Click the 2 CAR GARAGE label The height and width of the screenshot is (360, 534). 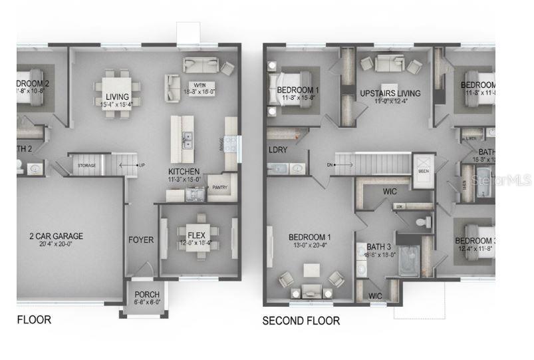(55, 236)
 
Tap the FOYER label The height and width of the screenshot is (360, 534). (141, 240)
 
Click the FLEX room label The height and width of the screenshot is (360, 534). (196, 235)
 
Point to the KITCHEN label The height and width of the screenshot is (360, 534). (184, 171)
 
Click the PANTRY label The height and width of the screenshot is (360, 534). (219, 188)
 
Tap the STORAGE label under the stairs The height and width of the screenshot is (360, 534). (86, 165)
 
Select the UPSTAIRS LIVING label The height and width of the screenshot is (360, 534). (390, 93)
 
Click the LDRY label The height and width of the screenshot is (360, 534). (278, 150)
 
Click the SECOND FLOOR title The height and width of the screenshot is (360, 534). (301, 321)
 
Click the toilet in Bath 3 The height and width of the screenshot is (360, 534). (419, 222)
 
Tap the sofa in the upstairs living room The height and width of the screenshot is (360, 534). (385, 63)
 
